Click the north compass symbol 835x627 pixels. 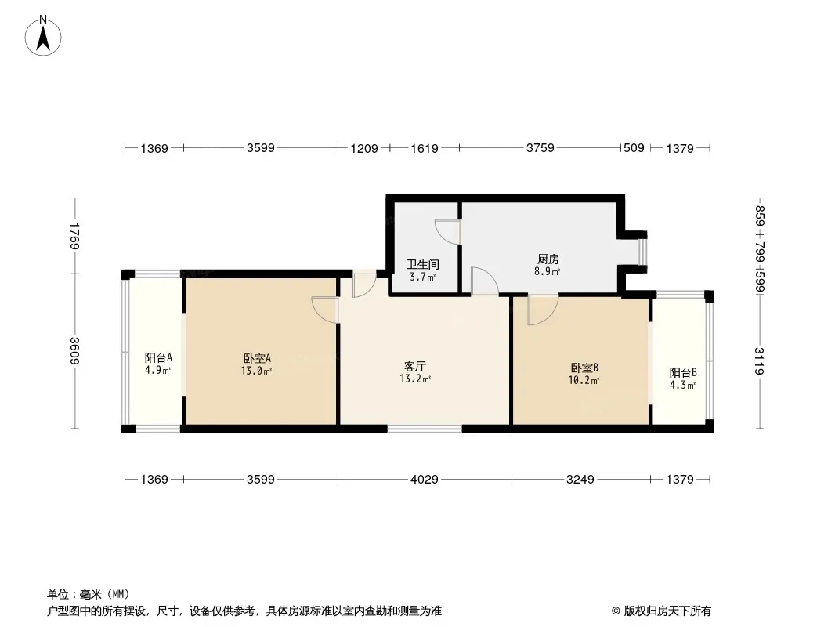pos(44,34)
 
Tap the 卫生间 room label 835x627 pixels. pos(422,265)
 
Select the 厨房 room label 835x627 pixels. pos(548,259)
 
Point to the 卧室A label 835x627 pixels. pos(256,359)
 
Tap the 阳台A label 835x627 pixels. pos(157,358)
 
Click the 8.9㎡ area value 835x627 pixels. pos(548,272)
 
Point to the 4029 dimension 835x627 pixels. pos(424,479)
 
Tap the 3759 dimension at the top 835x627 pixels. pos(540,147)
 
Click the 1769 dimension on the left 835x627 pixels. pos(74,236)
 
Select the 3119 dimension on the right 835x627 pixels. pos(758,361)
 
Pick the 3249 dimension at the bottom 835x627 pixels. pos(580,479)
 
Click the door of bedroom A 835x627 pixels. pos(324,310)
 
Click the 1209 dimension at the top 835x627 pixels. pos(364,147)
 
